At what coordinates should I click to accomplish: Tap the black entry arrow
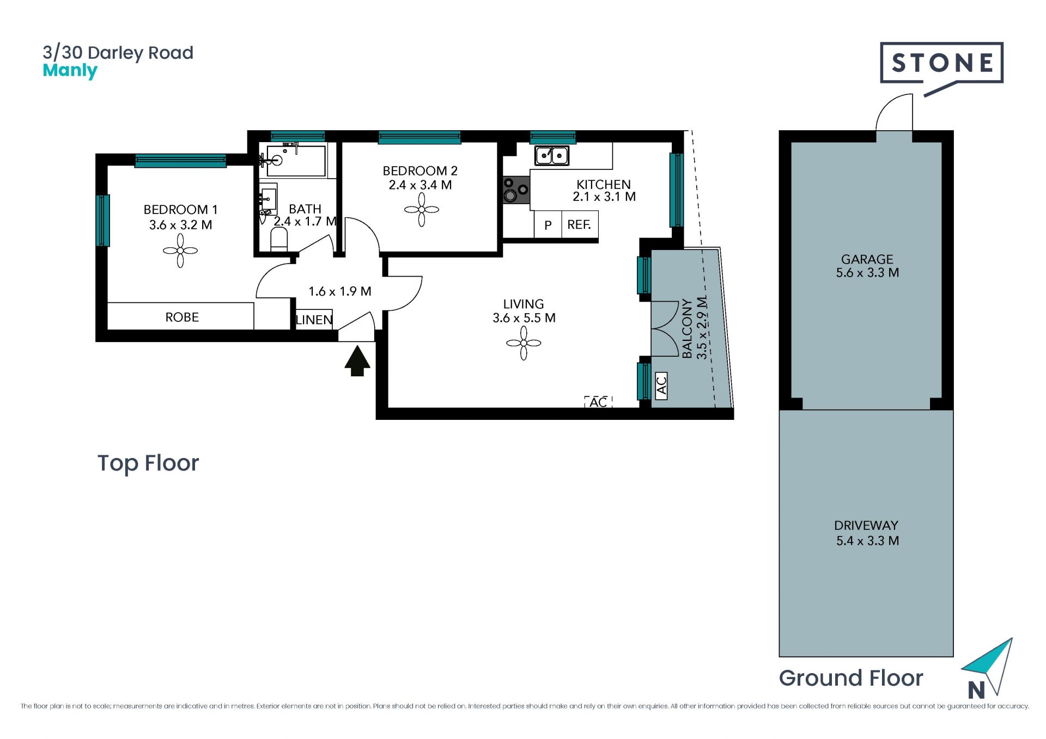357,361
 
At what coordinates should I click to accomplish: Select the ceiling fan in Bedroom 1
180,251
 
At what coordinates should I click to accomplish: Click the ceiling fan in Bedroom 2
422,210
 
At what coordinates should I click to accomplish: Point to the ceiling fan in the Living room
524,343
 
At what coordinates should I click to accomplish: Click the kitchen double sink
552,156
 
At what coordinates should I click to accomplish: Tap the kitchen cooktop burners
516,190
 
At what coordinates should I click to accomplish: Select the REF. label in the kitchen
579,224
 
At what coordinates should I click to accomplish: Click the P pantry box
548,225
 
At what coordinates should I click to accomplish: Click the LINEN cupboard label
314,320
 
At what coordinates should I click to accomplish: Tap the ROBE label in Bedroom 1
182,317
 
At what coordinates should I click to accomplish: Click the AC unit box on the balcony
661,386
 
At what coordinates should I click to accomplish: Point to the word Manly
70,71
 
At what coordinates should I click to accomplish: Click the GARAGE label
867,259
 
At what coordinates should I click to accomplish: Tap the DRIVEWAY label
866,526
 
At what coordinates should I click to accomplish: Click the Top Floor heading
148,463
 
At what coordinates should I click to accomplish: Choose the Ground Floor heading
851,678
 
